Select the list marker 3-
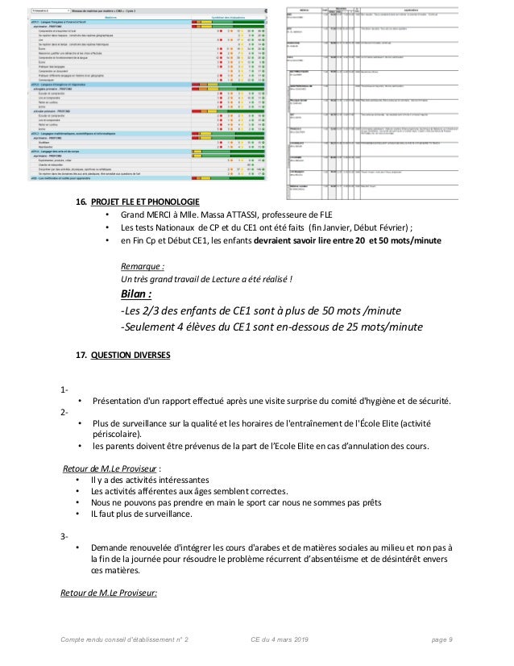pyautogui.click(x=64, y=538)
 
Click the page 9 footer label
pyautogui.click(x=441, y=639)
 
